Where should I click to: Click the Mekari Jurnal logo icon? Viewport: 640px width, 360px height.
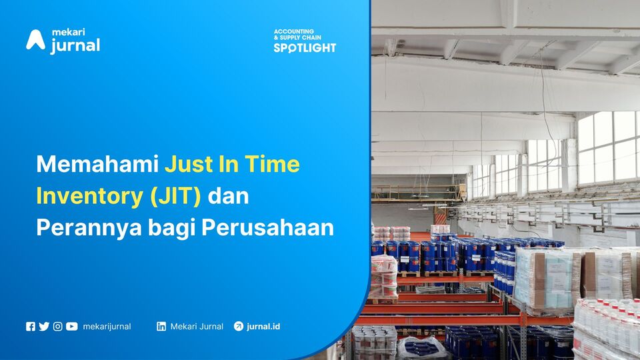tap(35, 40)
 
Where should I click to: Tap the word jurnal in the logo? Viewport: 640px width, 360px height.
tap(75, 46)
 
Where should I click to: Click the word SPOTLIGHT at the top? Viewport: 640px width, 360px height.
tap(305, 48)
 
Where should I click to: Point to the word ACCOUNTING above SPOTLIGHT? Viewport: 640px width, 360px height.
tap(294, 31)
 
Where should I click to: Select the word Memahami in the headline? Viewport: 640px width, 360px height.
tap(97, 164)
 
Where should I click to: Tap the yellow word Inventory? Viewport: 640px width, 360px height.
tap(90, 196)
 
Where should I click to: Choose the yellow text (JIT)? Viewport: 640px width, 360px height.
tap(175, 196)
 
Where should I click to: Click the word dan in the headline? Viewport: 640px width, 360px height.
tap(229, 196)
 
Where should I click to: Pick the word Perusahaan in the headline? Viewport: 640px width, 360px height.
tap(268, 228)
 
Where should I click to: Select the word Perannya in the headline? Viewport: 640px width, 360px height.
tap(89, 228)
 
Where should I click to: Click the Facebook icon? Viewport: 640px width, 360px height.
tap(31, 327)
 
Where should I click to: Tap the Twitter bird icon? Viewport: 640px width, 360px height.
tap(44, 327)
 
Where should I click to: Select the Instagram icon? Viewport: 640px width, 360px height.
tap(58, 327)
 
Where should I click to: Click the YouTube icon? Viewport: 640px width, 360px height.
tap(72, 327)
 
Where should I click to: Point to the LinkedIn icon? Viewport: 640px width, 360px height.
tap(161, 327)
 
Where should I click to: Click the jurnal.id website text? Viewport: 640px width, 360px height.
tap(264, 327)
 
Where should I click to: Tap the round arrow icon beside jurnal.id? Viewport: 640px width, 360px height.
tap(239, 326)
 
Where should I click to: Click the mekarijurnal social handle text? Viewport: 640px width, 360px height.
tap(107, 327)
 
